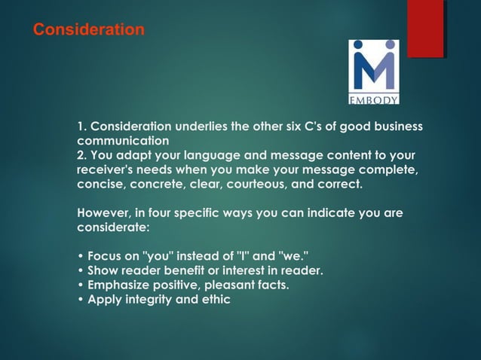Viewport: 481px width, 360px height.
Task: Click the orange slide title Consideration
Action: point(88,30)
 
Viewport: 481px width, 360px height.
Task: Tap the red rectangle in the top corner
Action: point(425,28)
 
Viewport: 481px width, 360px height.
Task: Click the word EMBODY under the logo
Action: point(373,99)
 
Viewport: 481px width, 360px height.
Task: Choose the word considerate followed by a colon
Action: point(114,227)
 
